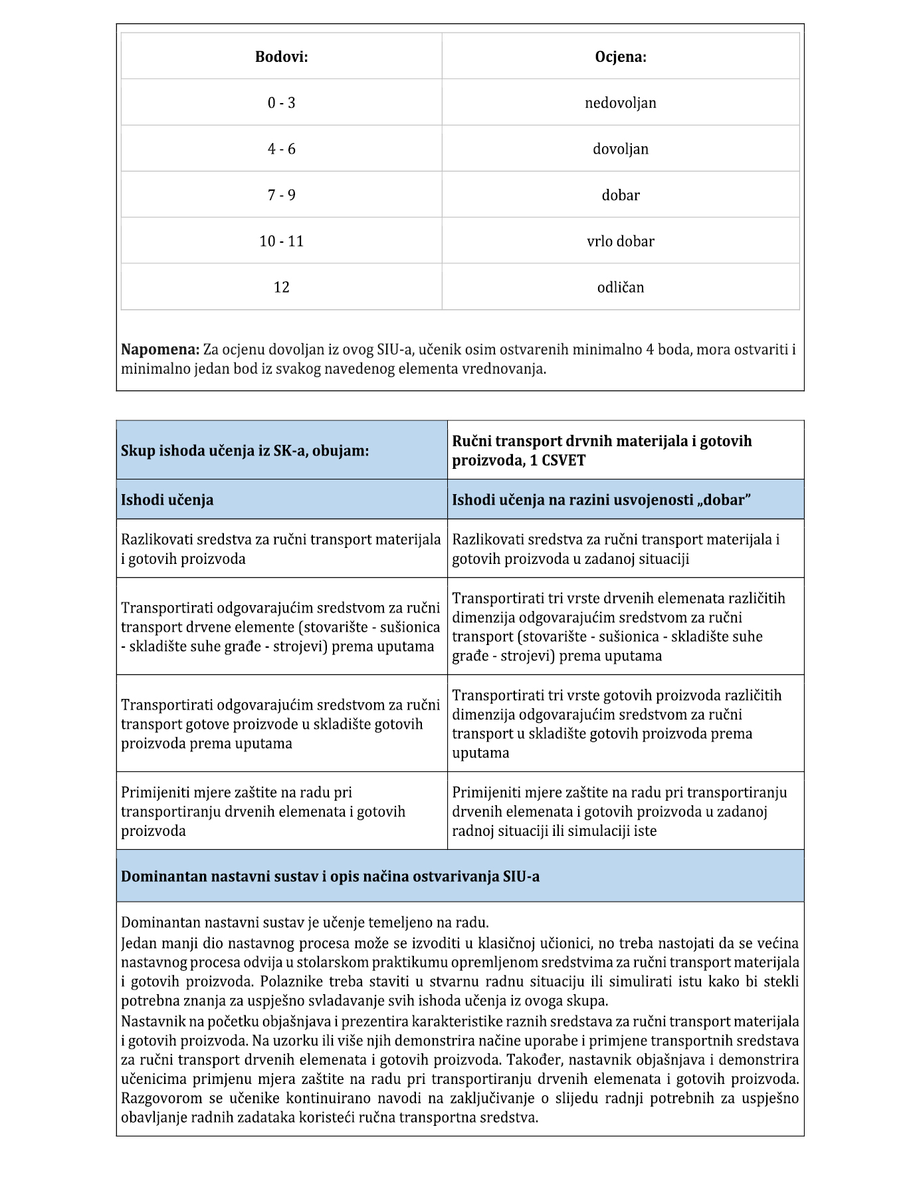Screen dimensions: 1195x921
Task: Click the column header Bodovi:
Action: (x=281, y=57)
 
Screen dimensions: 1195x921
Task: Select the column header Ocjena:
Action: (x=620, y=57)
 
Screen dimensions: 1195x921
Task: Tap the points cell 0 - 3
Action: (x=281, y=102)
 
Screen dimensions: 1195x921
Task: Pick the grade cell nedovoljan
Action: (x=620, y=102)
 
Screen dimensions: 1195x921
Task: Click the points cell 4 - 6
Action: (x=281, y=149)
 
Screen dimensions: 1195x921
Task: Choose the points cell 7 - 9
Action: (x=281, y=195)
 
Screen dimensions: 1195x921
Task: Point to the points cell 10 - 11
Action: (x=281, y=241)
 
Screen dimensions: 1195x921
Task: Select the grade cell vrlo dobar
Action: (x=620, y=241)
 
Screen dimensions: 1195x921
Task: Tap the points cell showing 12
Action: (x=281, y=287)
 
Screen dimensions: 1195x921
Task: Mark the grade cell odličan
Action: (x=620, y=287)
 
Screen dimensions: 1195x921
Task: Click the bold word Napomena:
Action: (x=160, y=350)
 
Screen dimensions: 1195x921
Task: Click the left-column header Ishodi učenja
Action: (x=167, y=500)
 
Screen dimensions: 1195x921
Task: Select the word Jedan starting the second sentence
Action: (x=139, y=944)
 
